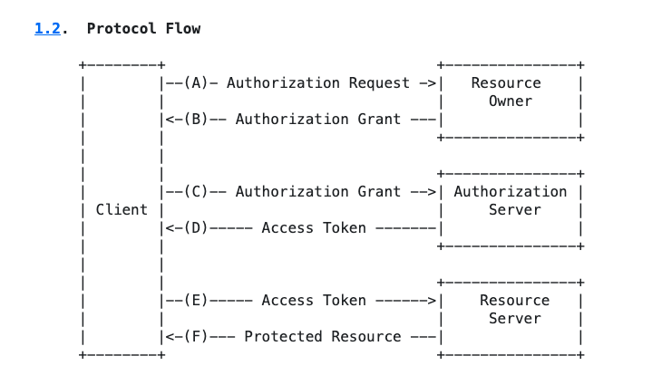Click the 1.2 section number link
point(47,28)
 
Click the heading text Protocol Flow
point(143,28)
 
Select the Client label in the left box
point(122,209)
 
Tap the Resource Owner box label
point(510,91)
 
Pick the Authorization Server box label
point(510,200)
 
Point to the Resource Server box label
point(514,309)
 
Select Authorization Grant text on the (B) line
point(318,119)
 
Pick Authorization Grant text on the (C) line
point(318,191)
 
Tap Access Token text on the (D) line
point(314,227)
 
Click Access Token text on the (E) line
point(314,300)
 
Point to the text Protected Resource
point(323,336)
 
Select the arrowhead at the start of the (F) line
point(166,336)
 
